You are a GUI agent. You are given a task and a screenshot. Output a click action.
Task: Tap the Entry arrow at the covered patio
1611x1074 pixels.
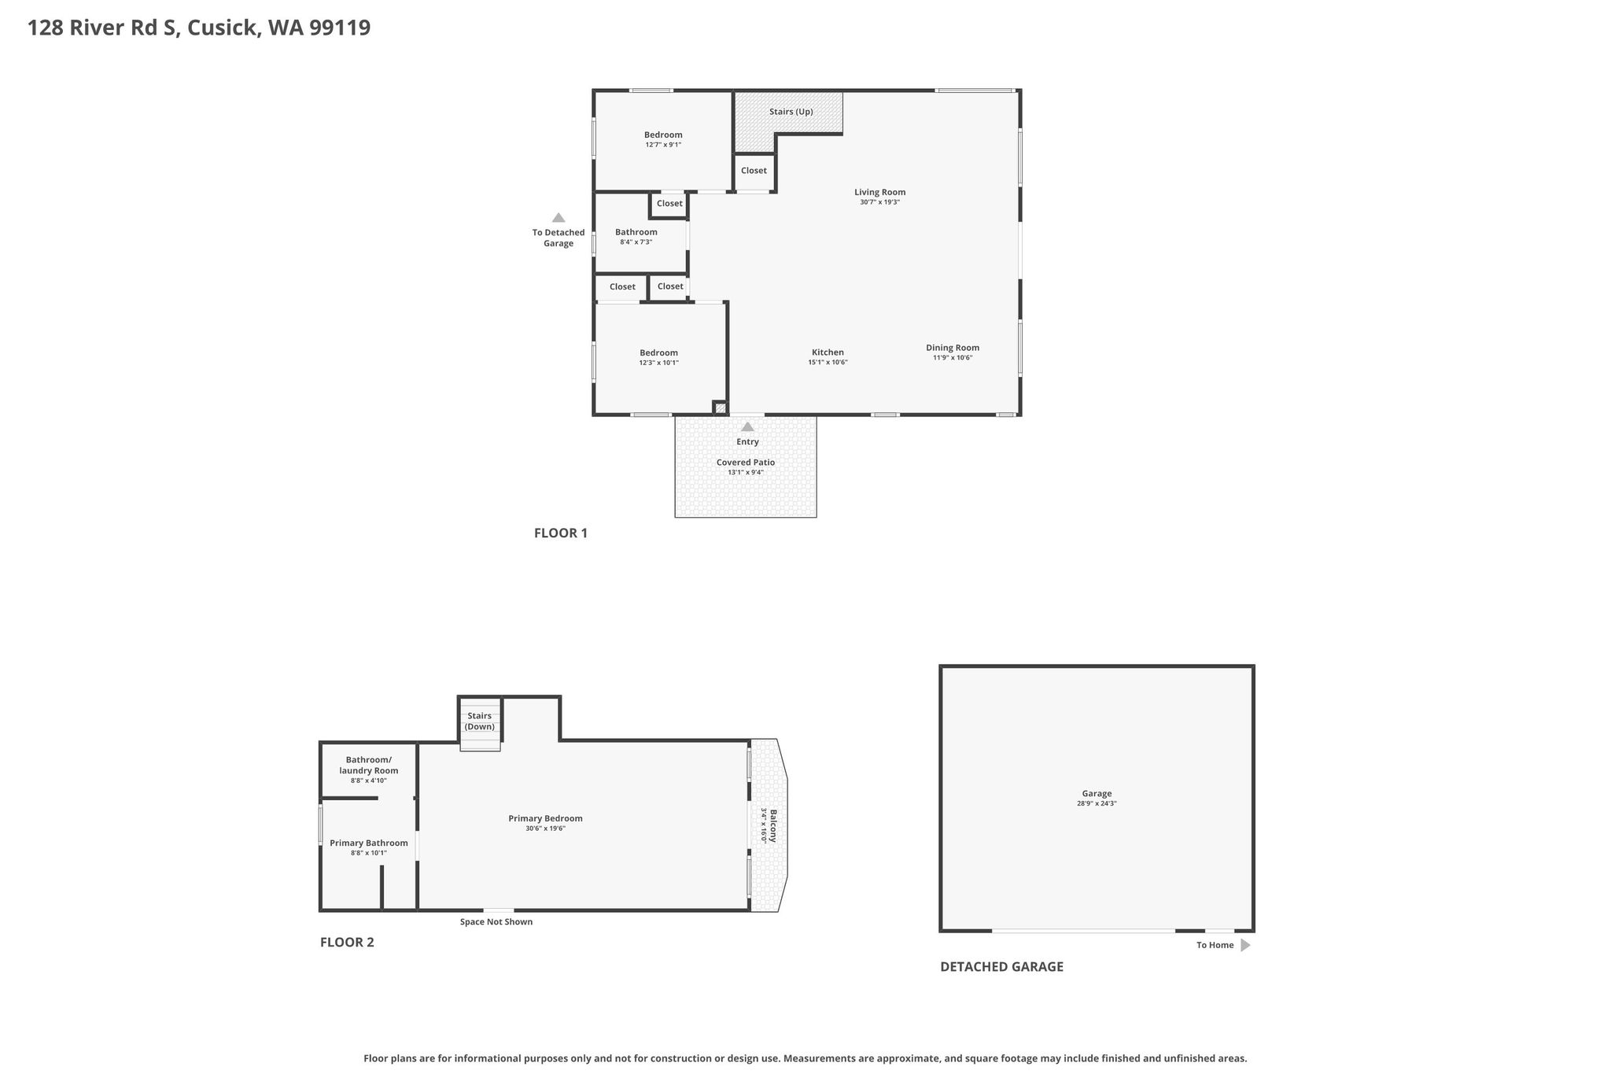coord(747,427)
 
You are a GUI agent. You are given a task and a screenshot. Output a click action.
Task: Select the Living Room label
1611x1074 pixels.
coord(879,192)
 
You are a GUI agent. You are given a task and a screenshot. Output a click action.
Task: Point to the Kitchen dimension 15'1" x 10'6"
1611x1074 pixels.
coord(828,363)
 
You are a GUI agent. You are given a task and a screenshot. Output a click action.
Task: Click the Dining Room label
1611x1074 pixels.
coord(952,348)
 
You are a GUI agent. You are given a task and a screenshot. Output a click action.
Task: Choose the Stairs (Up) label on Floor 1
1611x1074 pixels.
coord(791,112)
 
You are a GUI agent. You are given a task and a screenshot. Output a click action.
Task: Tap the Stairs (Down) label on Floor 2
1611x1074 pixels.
coord(479,722)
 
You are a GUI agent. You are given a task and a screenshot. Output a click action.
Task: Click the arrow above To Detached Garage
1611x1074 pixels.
coord(559,218)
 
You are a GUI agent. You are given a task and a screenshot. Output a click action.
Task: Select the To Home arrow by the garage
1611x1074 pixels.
coord(1245,945)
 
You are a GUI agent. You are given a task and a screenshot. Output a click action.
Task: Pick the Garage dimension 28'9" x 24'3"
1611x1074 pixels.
coord(1097,804)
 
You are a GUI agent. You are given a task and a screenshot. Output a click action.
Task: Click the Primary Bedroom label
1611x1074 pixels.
coord(545,818)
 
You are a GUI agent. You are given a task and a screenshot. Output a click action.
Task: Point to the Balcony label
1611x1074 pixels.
coord(773,825)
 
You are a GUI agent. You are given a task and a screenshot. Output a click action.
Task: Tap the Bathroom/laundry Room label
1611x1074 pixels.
coord(368,766)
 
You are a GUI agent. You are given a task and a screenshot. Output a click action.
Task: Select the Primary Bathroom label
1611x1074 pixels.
coord(368,843)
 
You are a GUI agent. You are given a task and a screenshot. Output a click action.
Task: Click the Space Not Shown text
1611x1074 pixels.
coord(496,922)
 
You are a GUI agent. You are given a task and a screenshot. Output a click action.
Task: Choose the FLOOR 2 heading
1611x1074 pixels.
coord(347,943)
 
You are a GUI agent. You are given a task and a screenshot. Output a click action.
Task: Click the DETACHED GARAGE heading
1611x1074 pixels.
coord(1001,967)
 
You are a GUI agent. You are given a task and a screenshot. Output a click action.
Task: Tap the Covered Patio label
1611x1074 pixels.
coord(745,463)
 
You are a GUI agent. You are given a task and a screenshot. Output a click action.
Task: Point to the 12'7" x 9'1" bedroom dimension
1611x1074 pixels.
coord(663,145)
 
